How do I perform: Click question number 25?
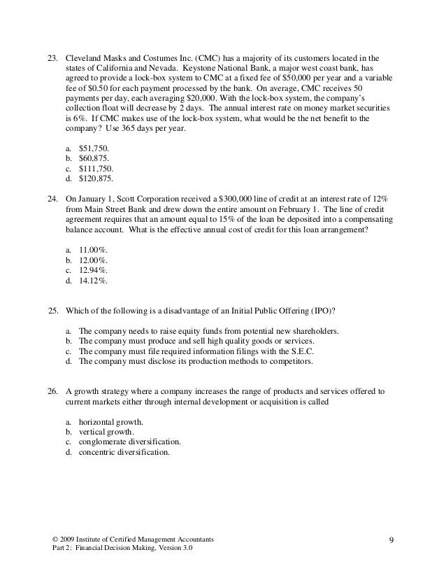(51, 311)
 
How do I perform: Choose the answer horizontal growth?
(111, 422)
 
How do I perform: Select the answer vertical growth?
(106, 433)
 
